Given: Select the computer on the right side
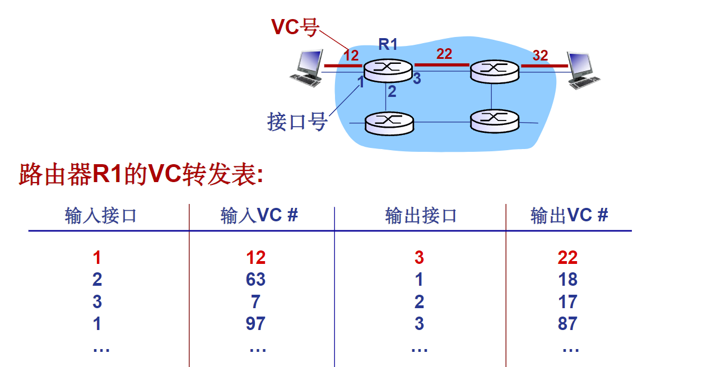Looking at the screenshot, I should point(583,70).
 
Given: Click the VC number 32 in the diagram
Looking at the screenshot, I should point(540,55).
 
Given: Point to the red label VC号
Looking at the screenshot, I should point(295,26).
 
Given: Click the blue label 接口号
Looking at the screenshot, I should point(297,121).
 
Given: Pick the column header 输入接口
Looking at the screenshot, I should point(101,216).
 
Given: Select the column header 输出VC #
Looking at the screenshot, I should point(569,216).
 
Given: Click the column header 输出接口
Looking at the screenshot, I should point(421,216).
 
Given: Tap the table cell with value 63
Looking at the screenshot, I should point(255,280).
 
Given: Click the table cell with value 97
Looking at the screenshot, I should point(255,323).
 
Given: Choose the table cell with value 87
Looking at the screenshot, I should point(567,323).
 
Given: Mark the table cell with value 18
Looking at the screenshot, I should point(567,280).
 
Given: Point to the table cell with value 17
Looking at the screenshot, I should point(567,302).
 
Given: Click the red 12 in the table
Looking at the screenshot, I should point(255,258).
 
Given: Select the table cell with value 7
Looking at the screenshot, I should point(255,302).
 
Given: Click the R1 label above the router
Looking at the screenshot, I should point(388,44).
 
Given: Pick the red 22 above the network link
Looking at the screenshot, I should point(444,54).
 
